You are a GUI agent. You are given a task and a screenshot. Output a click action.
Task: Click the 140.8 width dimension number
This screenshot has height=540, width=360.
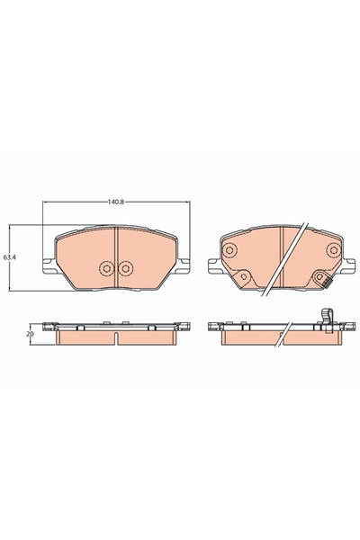115,201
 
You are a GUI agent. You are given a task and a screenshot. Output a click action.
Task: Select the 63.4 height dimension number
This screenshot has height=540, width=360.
9,256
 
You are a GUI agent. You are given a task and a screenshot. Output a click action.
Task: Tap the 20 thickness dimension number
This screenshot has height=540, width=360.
30,334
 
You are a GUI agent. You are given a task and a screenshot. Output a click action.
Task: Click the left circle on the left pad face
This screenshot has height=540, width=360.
108,267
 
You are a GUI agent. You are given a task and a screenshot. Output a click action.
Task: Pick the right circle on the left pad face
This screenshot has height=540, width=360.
125,267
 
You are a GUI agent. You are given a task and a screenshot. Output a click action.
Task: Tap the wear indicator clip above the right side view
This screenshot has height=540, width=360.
324,316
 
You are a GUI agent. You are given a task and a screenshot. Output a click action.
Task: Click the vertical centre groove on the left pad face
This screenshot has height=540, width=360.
117,256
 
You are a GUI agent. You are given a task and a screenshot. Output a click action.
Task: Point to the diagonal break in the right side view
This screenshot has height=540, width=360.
282,337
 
